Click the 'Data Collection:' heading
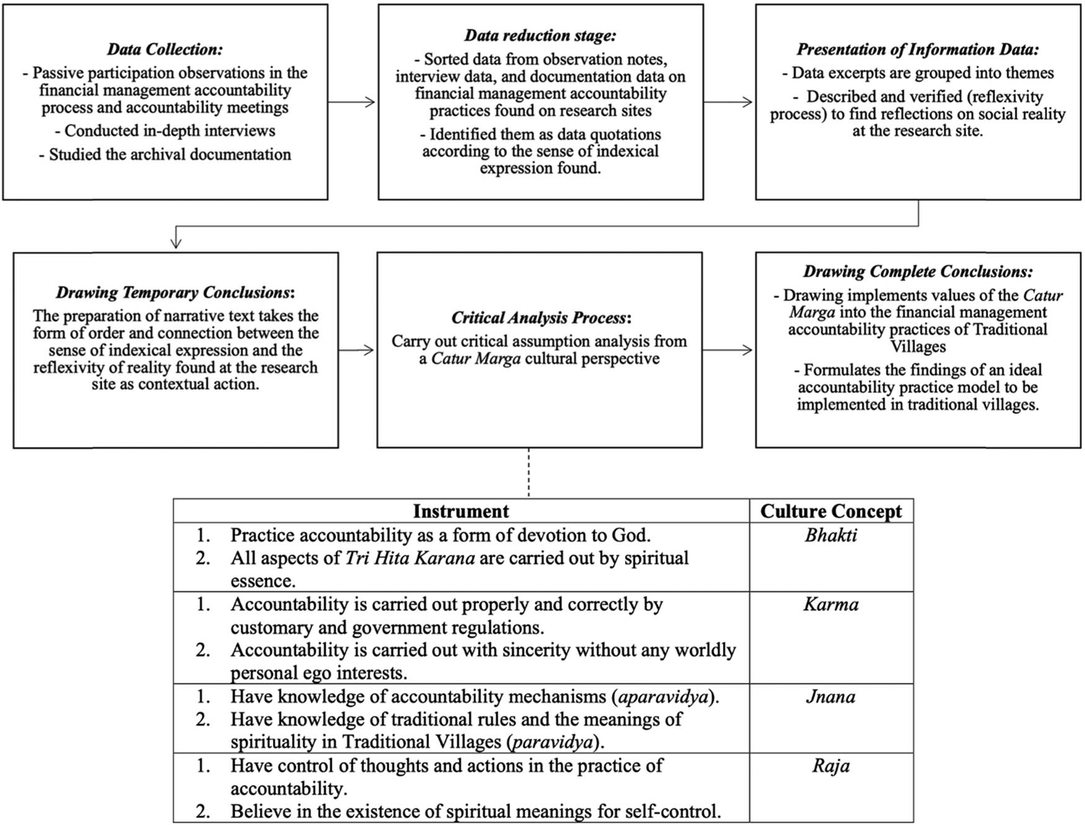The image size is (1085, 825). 165,50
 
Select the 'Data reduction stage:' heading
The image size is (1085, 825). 540,36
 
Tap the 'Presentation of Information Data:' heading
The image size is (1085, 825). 918,50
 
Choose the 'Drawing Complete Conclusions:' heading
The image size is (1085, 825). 918,271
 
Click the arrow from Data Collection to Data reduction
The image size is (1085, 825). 352,102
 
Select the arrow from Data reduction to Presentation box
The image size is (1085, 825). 728,102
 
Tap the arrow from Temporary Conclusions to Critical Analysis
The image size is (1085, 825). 357,350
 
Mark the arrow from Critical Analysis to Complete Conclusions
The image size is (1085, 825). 728,350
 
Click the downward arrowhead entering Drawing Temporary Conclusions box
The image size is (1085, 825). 175,243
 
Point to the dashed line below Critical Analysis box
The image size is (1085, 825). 529,472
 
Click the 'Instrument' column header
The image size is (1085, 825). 461,511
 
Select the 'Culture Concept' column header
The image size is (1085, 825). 831,511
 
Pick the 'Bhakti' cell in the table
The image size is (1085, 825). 831,535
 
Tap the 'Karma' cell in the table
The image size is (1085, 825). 831,604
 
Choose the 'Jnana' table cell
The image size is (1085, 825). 831,697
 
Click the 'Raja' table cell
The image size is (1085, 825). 831,766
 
